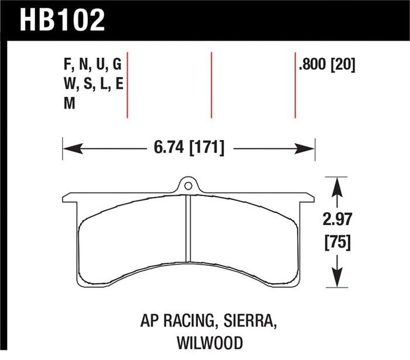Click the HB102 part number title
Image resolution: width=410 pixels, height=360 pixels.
click(62, 20)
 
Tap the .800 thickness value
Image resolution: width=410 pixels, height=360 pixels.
click(312, 64)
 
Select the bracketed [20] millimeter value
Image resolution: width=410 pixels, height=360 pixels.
click(343, 64)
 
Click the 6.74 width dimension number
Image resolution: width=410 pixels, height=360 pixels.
click(169, 147)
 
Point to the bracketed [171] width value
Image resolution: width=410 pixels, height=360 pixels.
click(207, 148)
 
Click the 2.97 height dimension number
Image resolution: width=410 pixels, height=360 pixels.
click(337, 219)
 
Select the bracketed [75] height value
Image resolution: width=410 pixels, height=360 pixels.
click(337, 243)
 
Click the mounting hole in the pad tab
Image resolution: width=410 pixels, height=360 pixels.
click(188, 186)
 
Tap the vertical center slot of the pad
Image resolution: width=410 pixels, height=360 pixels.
click(188, 228)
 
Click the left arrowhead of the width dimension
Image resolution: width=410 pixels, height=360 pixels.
click(73, 148)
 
